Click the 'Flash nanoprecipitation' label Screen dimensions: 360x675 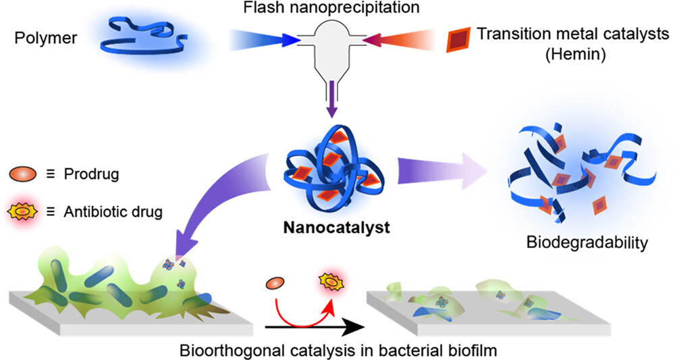[x=337, y=9]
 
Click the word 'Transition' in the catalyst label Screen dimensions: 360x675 [x=504, y=33]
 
